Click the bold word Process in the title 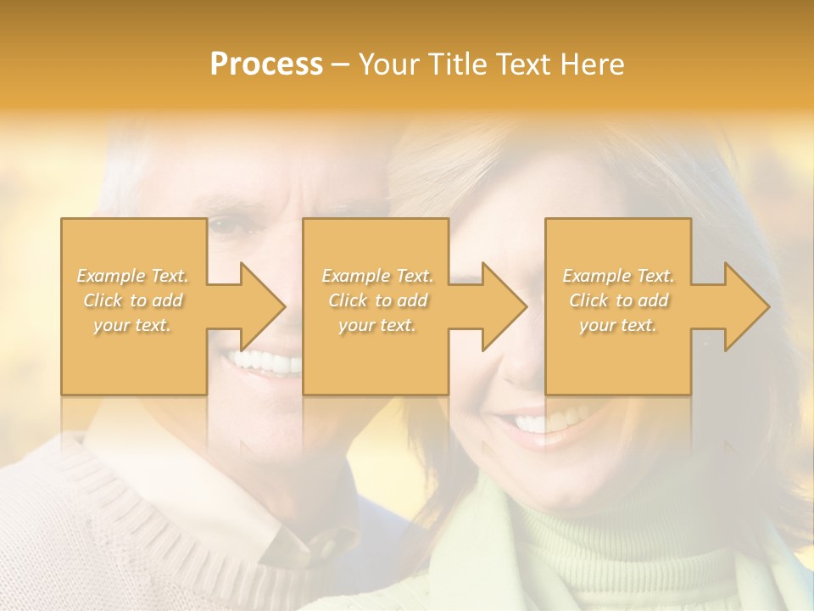tap(266, 64)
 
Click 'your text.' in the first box tap(132, 325)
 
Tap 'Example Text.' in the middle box tap(377, 276)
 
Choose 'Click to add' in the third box tap(618, 300)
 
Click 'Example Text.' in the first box tap(132, 276)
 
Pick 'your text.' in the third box tap(618, 325)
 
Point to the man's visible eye tap(225, 226)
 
